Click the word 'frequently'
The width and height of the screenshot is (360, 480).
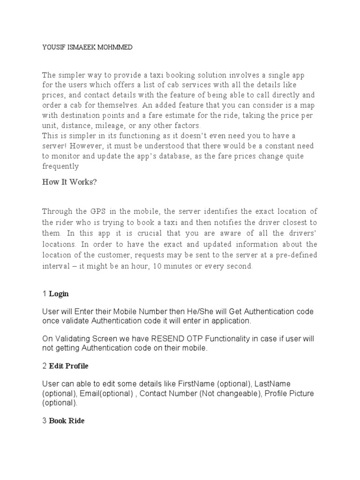[x=60, y=166]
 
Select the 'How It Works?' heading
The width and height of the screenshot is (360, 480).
[x=69, y=182]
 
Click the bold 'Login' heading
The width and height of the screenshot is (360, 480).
[x=59, y=294]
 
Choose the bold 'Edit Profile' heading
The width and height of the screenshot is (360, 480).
[x=68, y=366]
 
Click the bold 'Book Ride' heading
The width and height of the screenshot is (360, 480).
[x=67, y=421]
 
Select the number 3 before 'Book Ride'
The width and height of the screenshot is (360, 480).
[x=44, y=421]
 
